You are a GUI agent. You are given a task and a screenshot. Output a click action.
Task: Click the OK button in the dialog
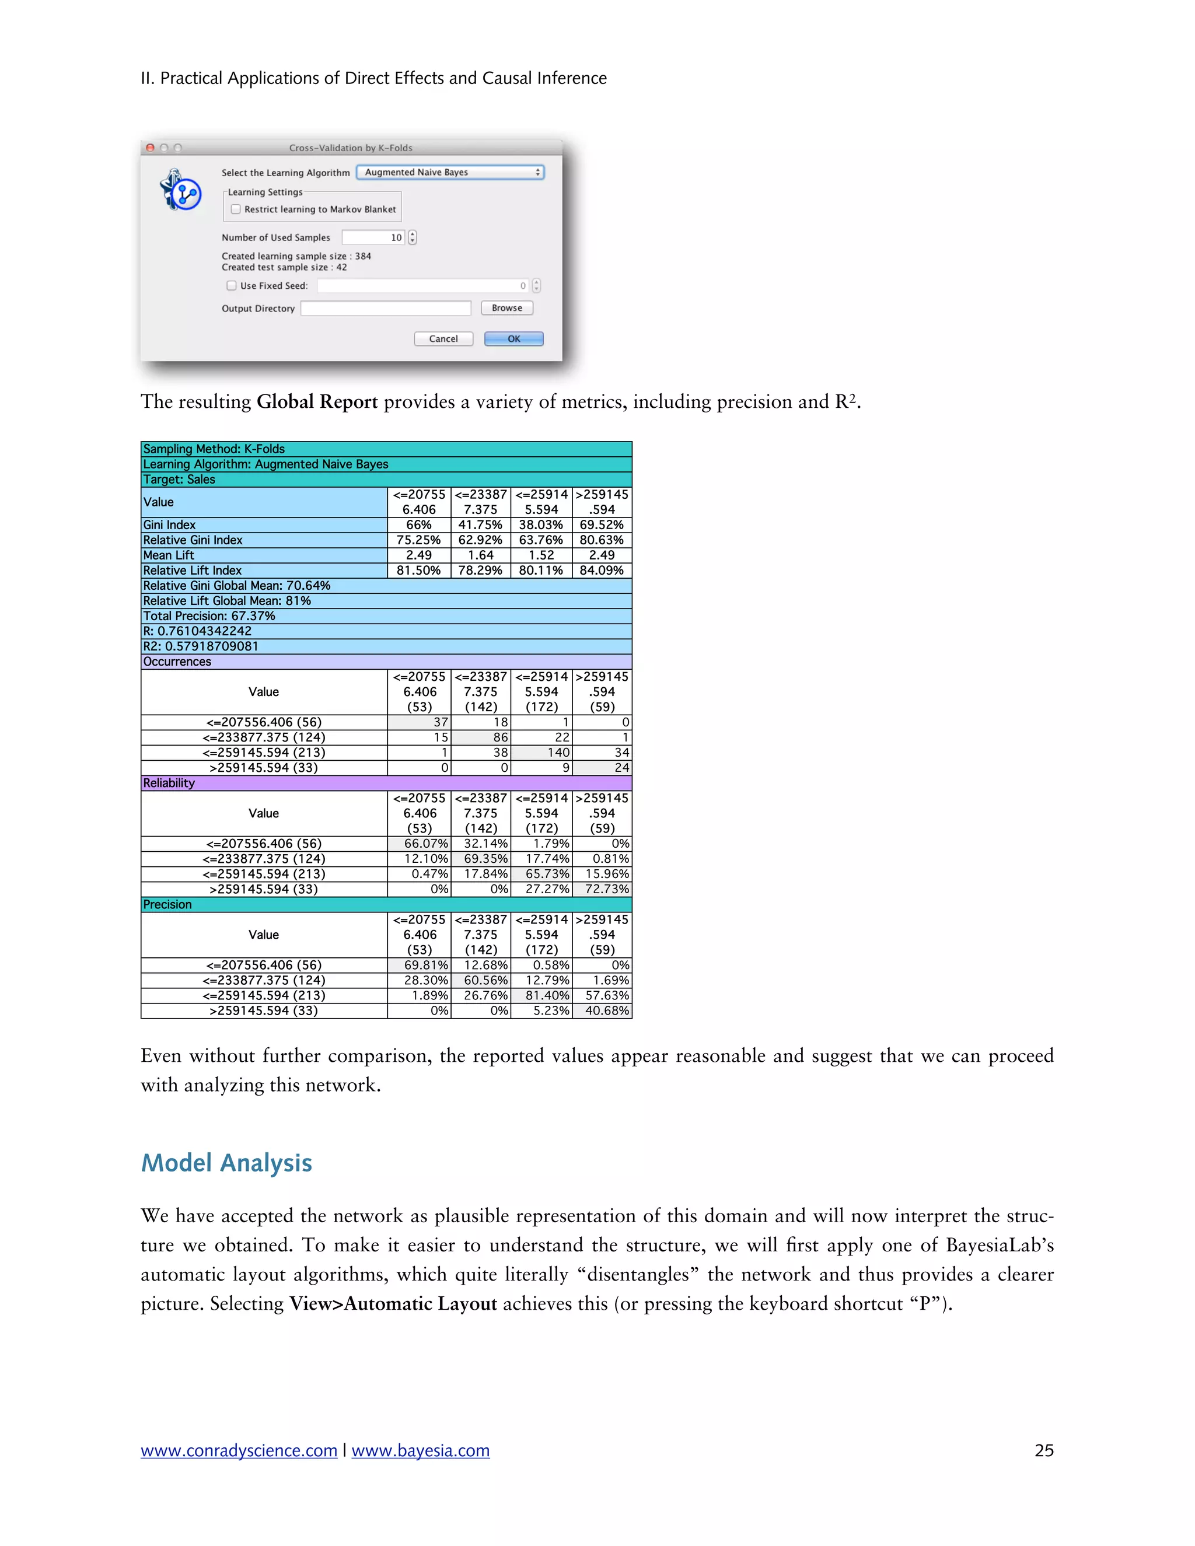[513, 339]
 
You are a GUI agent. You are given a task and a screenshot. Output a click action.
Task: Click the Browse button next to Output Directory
[507, 308]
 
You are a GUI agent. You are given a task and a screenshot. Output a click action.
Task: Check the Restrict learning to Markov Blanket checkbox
[236, 209]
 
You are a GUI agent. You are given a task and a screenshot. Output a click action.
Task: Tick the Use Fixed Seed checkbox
[232, 286]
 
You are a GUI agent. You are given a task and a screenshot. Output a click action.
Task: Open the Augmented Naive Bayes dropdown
[450, 172]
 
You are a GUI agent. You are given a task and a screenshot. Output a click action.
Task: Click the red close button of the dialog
[150, 148]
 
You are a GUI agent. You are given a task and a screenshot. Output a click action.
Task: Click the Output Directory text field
[386, 309]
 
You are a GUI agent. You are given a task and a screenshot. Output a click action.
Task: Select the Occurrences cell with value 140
[541, 753]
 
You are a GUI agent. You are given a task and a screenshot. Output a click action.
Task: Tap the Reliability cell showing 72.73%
[602, 889]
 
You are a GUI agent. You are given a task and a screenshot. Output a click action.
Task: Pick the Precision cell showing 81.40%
[541, 995]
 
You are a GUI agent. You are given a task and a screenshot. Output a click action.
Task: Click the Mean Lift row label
[169, 555]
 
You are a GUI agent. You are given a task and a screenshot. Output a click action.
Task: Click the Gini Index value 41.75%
[480, 524]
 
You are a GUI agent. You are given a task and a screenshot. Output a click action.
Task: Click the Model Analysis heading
[226, 1163]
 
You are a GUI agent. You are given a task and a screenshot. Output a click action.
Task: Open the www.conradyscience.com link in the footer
[239, 1450]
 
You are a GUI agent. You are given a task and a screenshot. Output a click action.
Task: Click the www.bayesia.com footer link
[421, 1450]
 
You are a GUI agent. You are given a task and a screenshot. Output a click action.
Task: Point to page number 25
[1043, 1450]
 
